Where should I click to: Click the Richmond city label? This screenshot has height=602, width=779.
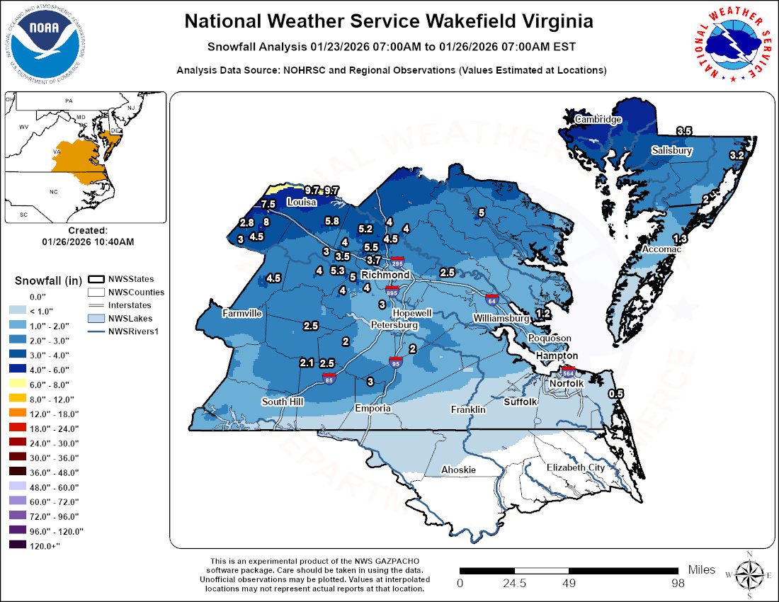pyautogui.click(x=385, y=275)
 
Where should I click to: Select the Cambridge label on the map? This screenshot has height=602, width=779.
pyautogui.click(x=598, y=120)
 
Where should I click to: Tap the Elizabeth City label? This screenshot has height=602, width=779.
pyautogui.click(x=575, y=467)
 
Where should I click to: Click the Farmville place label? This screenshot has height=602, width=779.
pyautogui.click(x=241, y=313)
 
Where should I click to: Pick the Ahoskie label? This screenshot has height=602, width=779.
pyautogui.click(x=458, y=470)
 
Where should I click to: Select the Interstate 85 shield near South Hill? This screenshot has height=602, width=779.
pyautogui.click(x=329, y=377)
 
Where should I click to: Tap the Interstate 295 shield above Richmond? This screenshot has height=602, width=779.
pyautogui.click(x=399, y=262)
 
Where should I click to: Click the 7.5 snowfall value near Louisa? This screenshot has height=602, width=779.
pyautogui.click(x=268, y=205)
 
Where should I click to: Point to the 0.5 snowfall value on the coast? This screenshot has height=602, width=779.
pyautogui.click(x=616, y=393)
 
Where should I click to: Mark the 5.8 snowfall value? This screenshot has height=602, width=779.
pyautogui.click(x=331, y=221)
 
